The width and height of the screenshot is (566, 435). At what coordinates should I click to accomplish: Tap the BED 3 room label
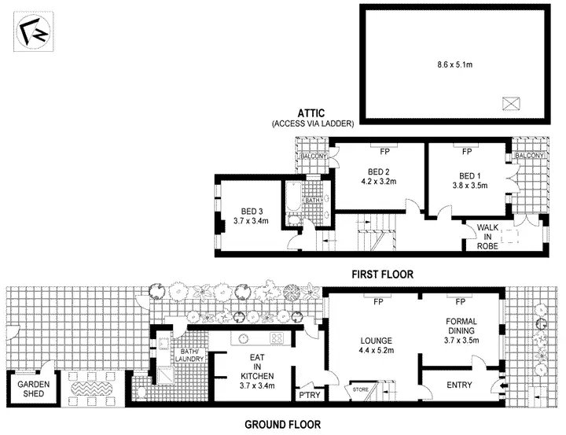pos(252,210)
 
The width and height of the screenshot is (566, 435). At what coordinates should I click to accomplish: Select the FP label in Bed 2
pos(385,151)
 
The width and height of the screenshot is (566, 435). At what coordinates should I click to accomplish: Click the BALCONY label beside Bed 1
pos(528,156)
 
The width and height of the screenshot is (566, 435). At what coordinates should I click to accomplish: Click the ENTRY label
pos(460,385)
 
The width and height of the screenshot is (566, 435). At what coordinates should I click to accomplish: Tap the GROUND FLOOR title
pos(282,425)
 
